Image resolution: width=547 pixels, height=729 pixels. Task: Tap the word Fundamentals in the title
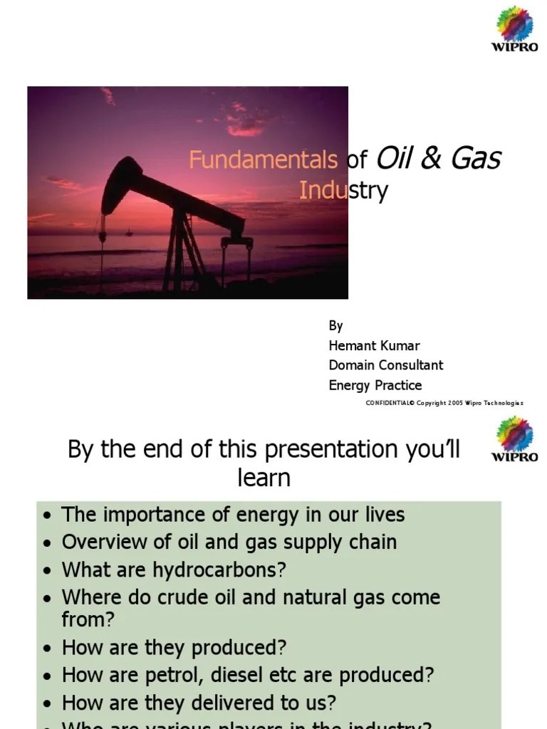263,160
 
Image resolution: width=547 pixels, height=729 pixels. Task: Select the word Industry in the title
343,191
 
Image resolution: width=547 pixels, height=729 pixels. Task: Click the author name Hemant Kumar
374,345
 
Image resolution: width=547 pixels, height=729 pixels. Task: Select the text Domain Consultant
385,365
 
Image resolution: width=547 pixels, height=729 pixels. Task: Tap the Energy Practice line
375,385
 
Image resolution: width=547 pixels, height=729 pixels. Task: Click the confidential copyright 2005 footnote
444,403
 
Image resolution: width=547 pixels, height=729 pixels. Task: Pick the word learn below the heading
264,478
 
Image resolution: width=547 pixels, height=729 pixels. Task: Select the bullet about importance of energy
233,514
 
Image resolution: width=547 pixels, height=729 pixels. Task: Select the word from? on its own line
88,619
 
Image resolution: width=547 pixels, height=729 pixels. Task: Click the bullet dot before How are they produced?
47,648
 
